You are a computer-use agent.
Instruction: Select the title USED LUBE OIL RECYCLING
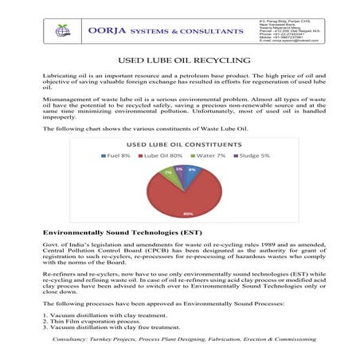(x=179, y=60)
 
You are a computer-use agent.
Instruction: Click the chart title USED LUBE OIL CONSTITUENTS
(x=181, y=144)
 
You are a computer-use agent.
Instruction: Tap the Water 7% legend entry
(x=210, y=156)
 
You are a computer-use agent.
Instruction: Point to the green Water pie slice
(x=169, y=173)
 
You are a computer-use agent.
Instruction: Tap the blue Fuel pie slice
(x=192, y=170)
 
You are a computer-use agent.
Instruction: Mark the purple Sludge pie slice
(x=181, y=170)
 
